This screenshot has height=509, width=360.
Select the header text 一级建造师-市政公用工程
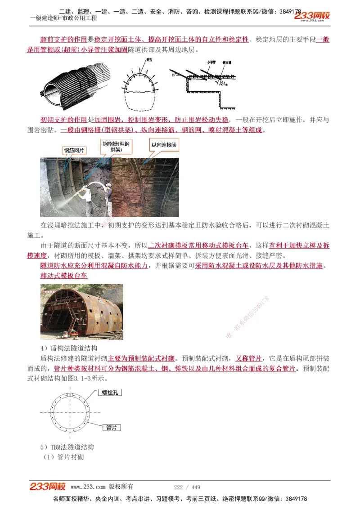(63, 18)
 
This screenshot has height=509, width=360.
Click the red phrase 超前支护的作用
(64, 40)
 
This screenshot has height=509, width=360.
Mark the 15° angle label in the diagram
(173, 76)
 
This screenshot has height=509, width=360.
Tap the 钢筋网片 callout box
(74, 151)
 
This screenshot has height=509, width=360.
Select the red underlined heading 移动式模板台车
(64, 275)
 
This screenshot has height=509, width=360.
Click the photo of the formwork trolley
(81, 312)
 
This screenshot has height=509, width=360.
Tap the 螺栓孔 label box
(110, 393)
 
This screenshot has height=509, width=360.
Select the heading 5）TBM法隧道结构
(67, 447)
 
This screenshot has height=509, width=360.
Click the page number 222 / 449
(187, 487)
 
